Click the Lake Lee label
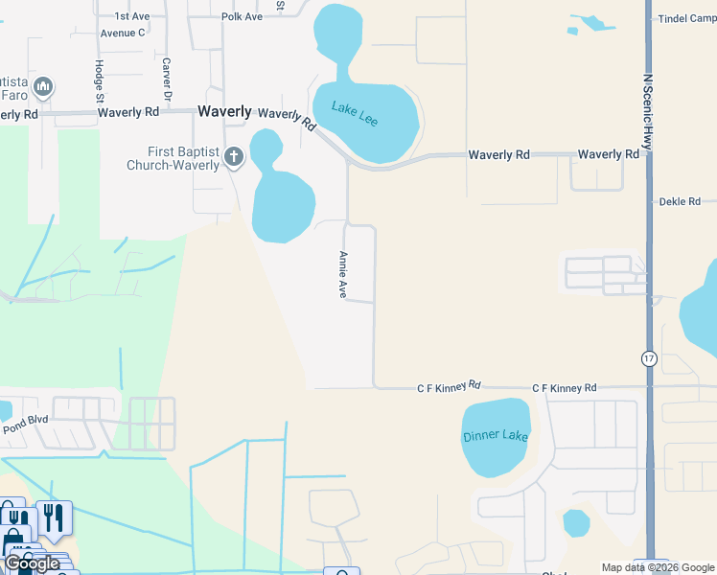(355, 109)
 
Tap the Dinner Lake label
(496, 436)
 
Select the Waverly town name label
(224, 111)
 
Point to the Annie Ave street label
(342, 275)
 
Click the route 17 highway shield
(648, 357)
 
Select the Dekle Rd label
(680, 202)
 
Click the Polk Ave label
(242, 16)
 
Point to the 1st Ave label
(132, 16)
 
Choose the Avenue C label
(122, 32)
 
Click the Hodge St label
(99, 80)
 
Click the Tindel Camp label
(686, 18)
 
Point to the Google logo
(31, 563)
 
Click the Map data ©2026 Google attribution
(658, 567)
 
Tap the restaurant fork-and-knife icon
(55, 518)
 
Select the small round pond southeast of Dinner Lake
(576, 523)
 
